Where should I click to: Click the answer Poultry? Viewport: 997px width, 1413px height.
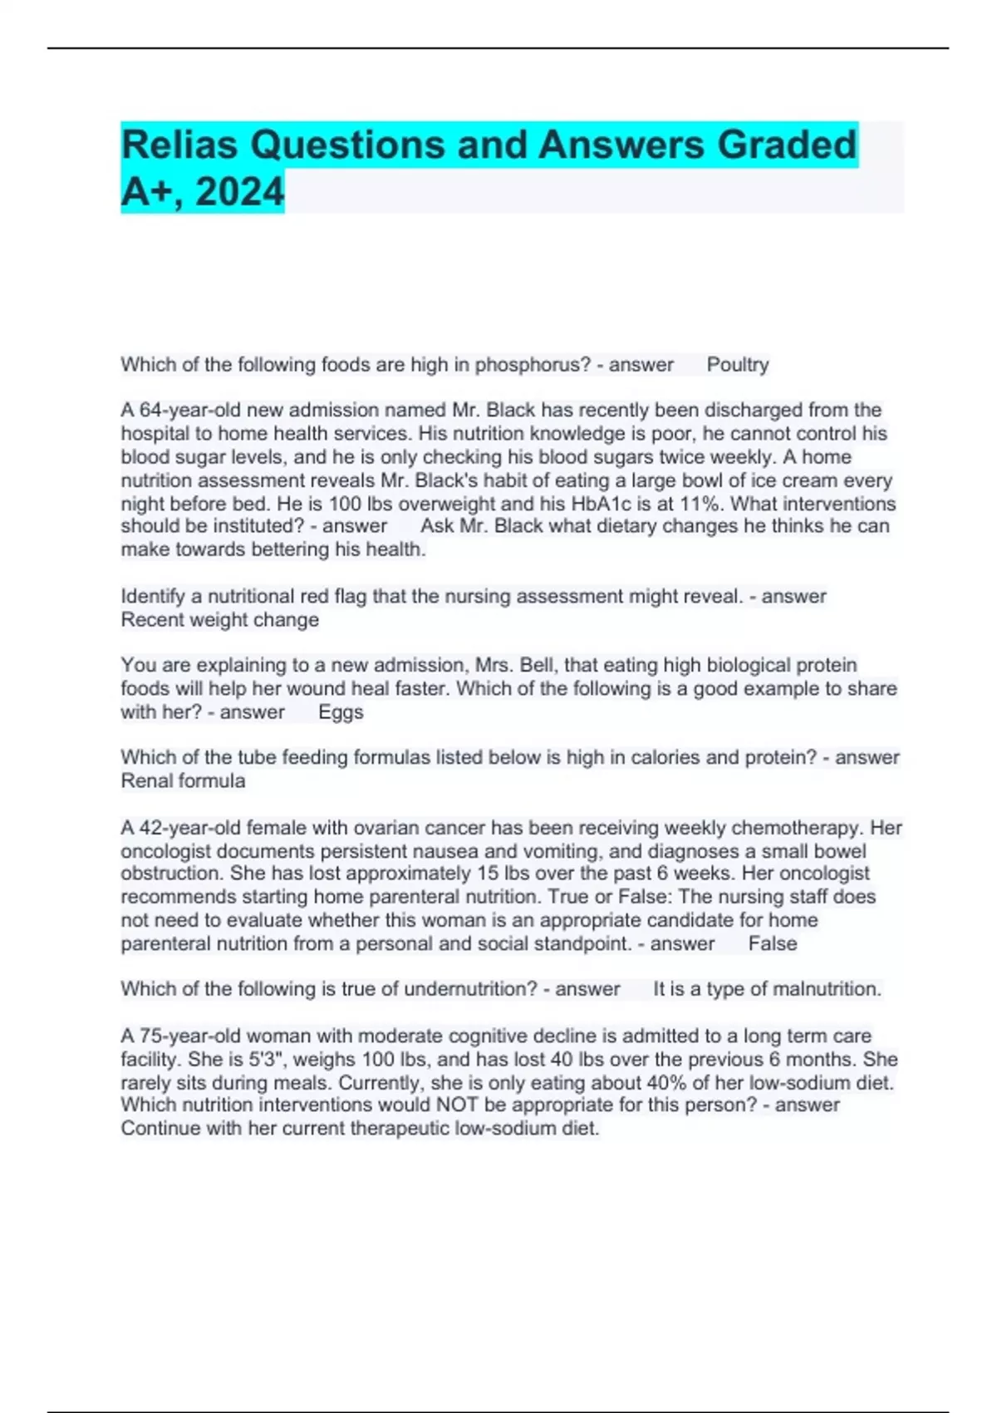click(x=737, y=365)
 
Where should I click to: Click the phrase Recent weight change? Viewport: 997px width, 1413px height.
click(x=219, y=620)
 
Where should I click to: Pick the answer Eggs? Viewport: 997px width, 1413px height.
click(x=341, y=712)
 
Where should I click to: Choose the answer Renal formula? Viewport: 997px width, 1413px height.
click(x=183, y=781)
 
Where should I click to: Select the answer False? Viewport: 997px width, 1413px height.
click(x=772, y=944)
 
